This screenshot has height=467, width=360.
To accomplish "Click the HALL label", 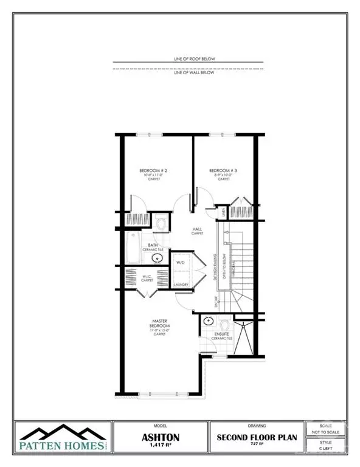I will point(196,229).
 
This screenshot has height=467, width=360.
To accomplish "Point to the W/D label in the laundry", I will point(180,263).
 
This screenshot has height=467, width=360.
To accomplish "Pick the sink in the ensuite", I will point(209,320).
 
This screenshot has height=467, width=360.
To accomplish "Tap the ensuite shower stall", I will point(244,337).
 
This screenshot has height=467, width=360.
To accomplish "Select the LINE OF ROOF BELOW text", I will point(189,58).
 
